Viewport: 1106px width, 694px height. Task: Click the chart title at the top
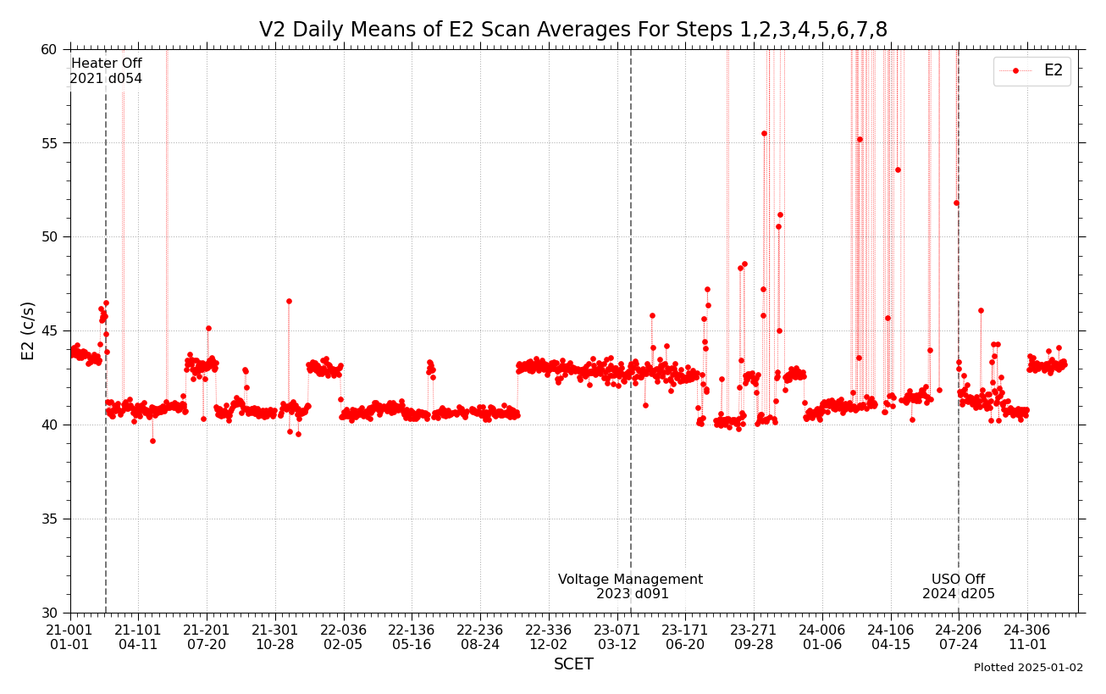tap(573, 31)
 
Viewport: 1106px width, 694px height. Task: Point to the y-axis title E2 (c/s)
tap(29, 330)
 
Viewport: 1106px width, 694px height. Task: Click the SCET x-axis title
tap(573, 664)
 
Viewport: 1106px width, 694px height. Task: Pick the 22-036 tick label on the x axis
tap(342, 637)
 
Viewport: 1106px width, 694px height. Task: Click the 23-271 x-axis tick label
tap(753, 637)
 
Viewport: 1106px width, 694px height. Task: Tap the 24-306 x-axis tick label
tap(1026, 637)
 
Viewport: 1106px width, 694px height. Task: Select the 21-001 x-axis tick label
tap(69, 637)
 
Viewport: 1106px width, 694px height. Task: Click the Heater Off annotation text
tap(106, 71)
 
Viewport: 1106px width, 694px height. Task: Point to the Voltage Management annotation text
tap(630, 586)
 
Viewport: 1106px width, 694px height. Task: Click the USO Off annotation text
tap(958, 586)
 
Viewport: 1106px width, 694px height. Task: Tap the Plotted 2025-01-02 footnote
tap(1028, 668)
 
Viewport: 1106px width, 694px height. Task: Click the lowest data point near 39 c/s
tap(152, 441)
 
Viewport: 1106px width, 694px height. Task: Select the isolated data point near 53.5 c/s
tap(898, 169)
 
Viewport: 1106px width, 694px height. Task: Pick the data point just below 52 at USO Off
tap(956, 203)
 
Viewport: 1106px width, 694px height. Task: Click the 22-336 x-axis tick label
tap(548, 637)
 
